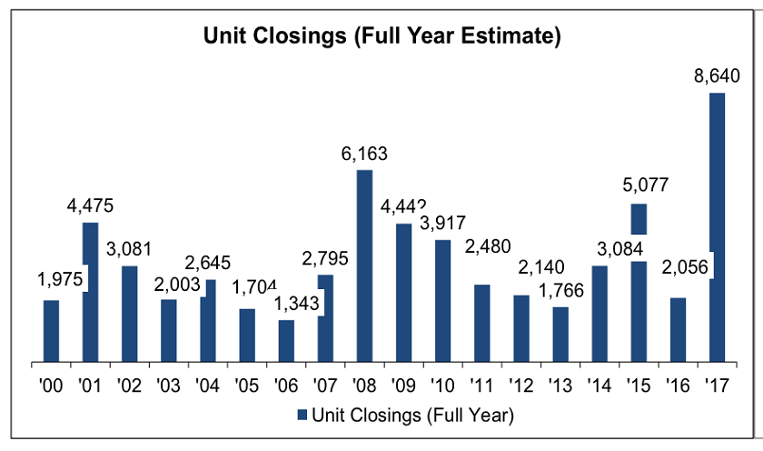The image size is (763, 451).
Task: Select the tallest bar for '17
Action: click(718, 227)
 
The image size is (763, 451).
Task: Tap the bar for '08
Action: click(364, 266)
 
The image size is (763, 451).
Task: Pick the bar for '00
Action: click(51, 331)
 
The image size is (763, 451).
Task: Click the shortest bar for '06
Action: click(286, 341)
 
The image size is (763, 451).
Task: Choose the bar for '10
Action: click(442, 301)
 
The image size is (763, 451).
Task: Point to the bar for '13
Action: click(560, 335)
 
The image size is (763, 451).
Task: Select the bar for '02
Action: click(129, 314)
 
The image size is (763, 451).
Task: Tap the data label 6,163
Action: click(363, 154)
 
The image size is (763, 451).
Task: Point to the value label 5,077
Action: click(639, 185)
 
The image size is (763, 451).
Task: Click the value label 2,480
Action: click(481, 246)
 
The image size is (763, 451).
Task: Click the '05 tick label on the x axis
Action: click(246, 384)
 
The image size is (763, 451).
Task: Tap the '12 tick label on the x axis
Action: click(520, 384)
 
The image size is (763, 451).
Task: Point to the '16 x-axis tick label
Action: click(678, 384)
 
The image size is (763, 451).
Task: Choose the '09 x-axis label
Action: click(402, 384)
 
